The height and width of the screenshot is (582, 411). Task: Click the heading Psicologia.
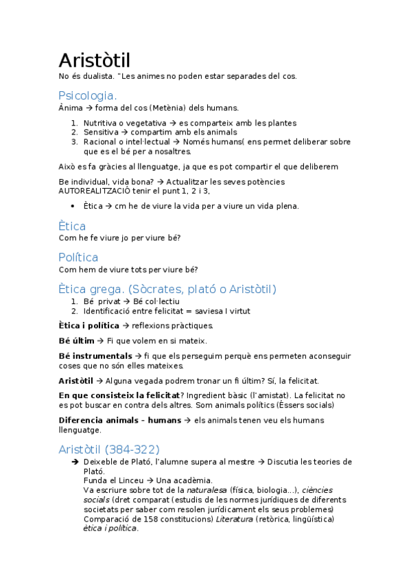point(88,95)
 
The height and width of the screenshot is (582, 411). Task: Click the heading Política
point(78,257)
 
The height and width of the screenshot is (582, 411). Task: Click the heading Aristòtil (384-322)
point(109,449)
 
